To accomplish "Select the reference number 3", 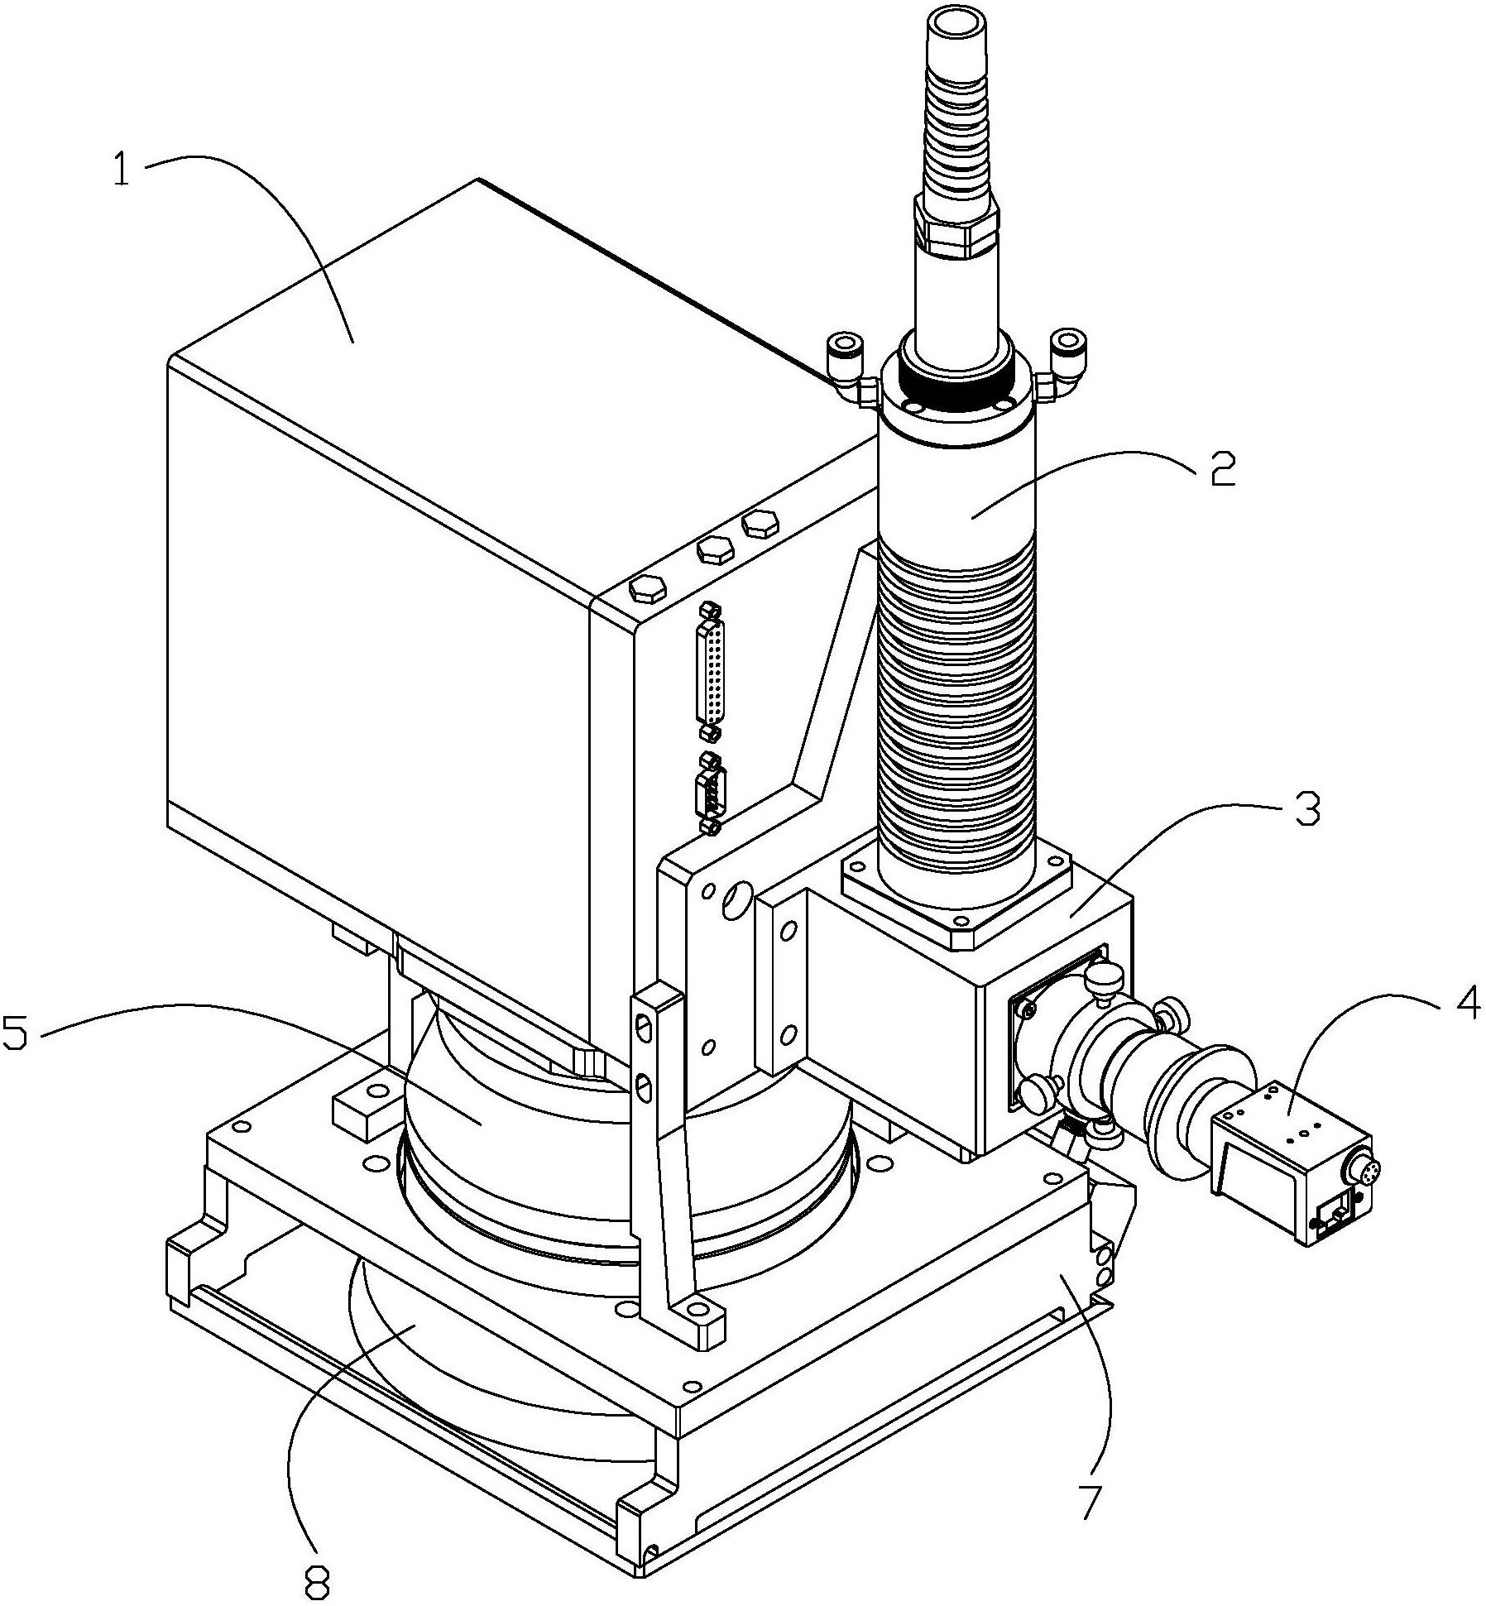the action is point(1306,808).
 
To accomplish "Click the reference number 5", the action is point(18,1031).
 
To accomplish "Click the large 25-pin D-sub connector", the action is point(711,674).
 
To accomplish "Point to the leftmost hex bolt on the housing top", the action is point(647,589).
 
